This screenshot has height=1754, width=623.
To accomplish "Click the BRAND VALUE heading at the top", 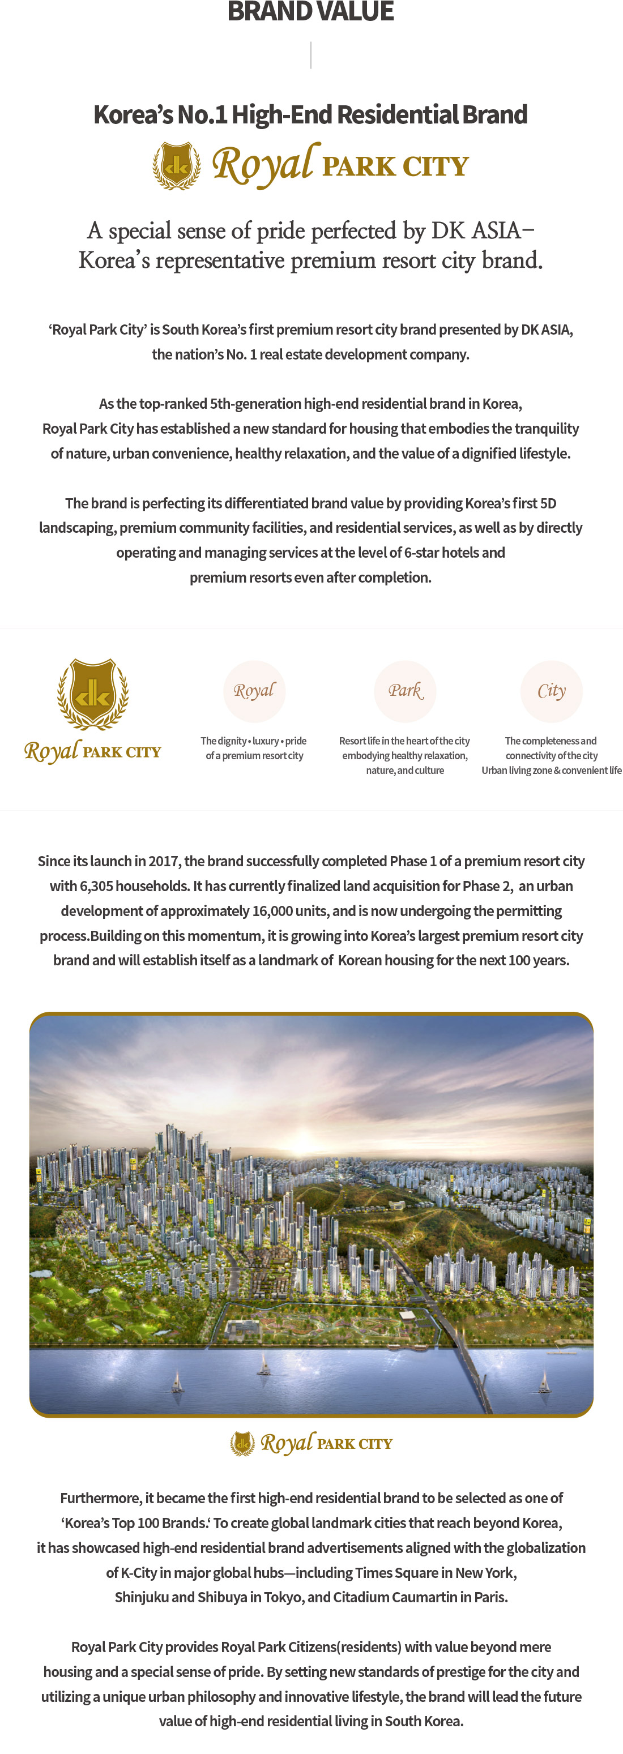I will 310,11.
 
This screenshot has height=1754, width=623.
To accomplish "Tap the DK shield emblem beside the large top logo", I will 176,165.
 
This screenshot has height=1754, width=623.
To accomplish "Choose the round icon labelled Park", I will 405,690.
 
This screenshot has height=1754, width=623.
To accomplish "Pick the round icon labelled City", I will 552,690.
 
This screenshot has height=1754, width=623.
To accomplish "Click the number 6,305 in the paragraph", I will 96,886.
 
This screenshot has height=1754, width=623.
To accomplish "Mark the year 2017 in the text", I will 164,861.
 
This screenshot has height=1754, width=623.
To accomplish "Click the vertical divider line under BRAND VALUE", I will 311,54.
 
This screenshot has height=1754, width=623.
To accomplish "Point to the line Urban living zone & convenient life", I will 552,770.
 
